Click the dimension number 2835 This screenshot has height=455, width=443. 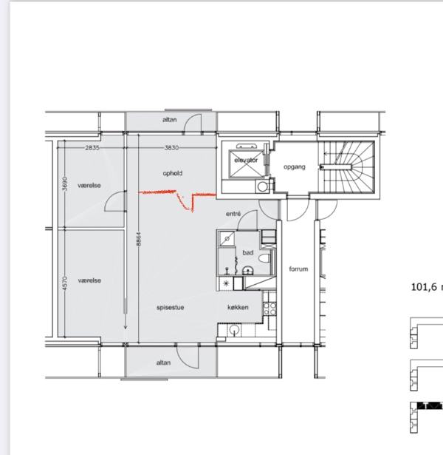point(92,148)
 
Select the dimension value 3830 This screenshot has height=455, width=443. point(171,148)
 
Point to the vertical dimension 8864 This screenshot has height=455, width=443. point(139,239)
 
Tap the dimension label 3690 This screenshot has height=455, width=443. point(65,183)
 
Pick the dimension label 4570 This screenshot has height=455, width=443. point(65,283)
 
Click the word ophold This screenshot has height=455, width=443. point(173,173)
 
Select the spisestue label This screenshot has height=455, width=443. point(171,307)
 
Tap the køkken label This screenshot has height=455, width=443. point(238,307)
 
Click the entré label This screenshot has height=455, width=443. point(233,214)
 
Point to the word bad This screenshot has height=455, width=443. point(248,253)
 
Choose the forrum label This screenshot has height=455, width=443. point(298,269)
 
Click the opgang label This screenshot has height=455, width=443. point(294,167)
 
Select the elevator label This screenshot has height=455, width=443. point(246,160)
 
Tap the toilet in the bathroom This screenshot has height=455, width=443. point(265,258)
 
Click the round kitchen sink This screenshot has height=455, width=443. point(234,330)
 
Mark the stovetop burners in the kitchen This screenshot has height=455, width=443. point(269,309)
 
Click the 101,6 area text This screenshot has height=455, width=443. point(424,287)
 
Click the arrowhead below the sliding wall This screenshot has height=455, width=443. point(126,327)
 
